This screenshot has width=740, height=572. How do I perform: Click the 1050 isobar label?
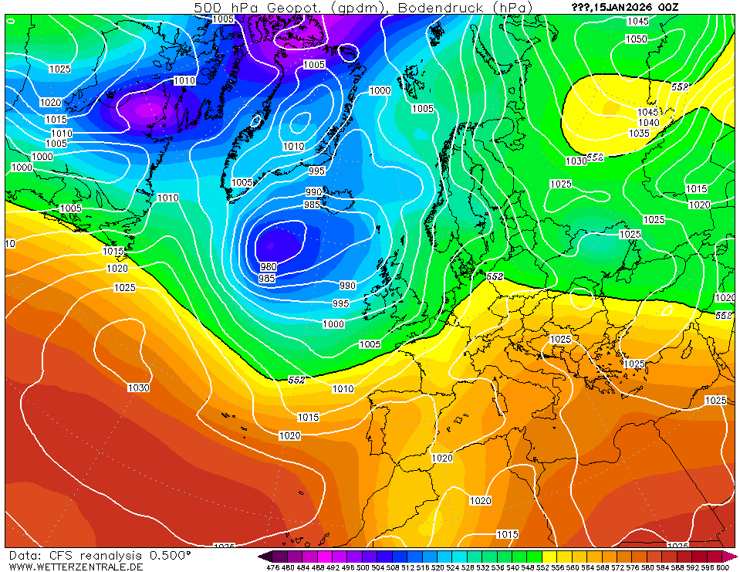pyautogui.click(x=637, y=39)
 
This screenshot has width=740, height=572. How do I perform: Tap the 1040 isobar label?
pyautogui.click(x=649, y=123)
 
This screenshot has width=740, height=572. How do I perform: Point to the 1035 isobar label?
pyautogui.click(x=639, y=134)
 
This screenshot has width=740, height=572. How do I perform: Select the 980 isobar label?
pyautogui.click(x=268, y=267)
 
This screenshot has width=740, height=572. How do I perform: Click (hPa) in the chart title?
pyautogui.click(x=512, y=8)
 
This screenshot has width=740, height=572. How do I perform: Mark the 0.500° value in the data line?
pyautogui.click(x=171, y=555)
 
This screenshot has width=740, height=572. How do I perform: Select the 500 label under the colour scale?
pyautogui.click(x=362, y=567)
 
